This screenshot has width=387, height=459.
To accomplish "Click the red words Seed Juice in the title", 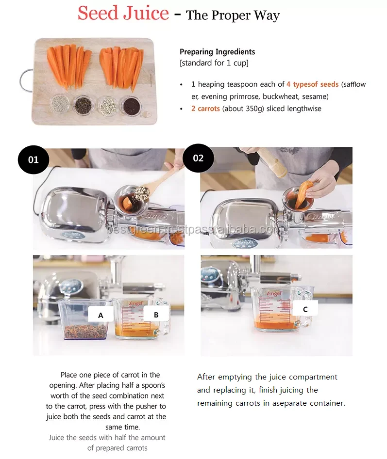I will pyautogui.click(x=123, y=13).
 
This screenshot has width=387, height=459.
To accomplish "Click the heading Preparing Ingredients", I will pyautogui.click(x=217, y=52).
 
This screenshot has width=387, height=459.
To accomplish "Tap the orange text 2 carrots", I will pyautogui.click(x=206, y=109).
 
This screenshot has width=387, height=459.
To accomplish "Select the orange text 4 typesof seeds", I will pyautogui.click(x=313, y=84).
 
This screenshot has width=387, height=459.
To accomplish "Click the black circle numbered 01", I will pyautogui.click(x=34, y=159).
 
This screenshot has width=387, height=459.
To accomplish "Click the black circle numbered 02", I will pyautogui.click(x=198, y=158).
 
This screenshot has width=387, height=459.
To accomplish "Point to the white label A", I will pyautogui.click(x=101, y=315).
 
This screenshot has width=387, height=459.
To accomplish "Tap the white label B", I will pyautogui.click(x=156, y=315).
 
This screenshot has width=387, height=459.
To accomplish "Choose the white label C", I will pyautogui.click(x=305, y=309).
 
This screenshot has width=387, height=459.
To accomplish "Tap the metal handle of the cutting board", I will pyautogui.click(x=25, y=80).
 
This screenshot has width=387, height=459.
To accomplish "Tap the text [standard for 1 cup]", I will pyautogui.click(x=214, y=63).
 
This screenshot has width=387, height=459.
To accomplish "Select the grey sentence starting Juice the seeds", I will pyautogui.click(x=107, y=443).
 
